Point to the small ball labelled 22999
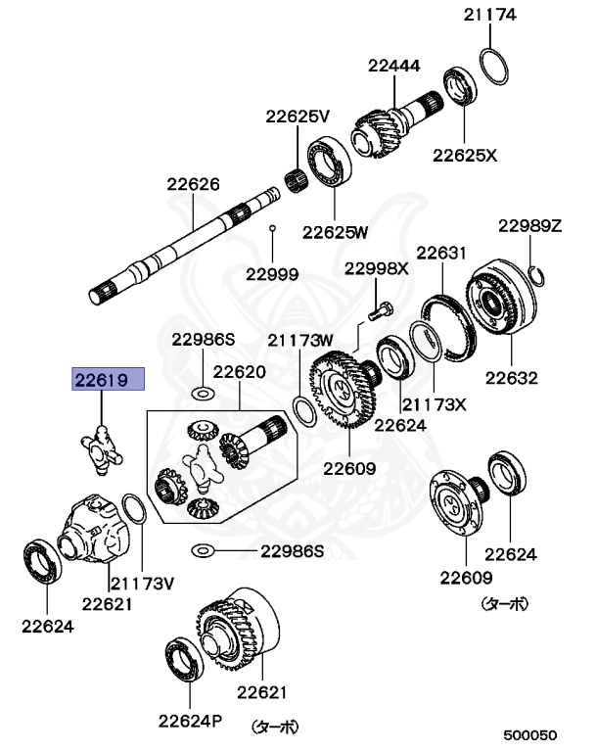[273, 228]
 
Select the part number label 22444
[394, 67]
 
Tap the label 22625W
[335, 232]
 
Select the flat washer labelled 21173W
[303, 408]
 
